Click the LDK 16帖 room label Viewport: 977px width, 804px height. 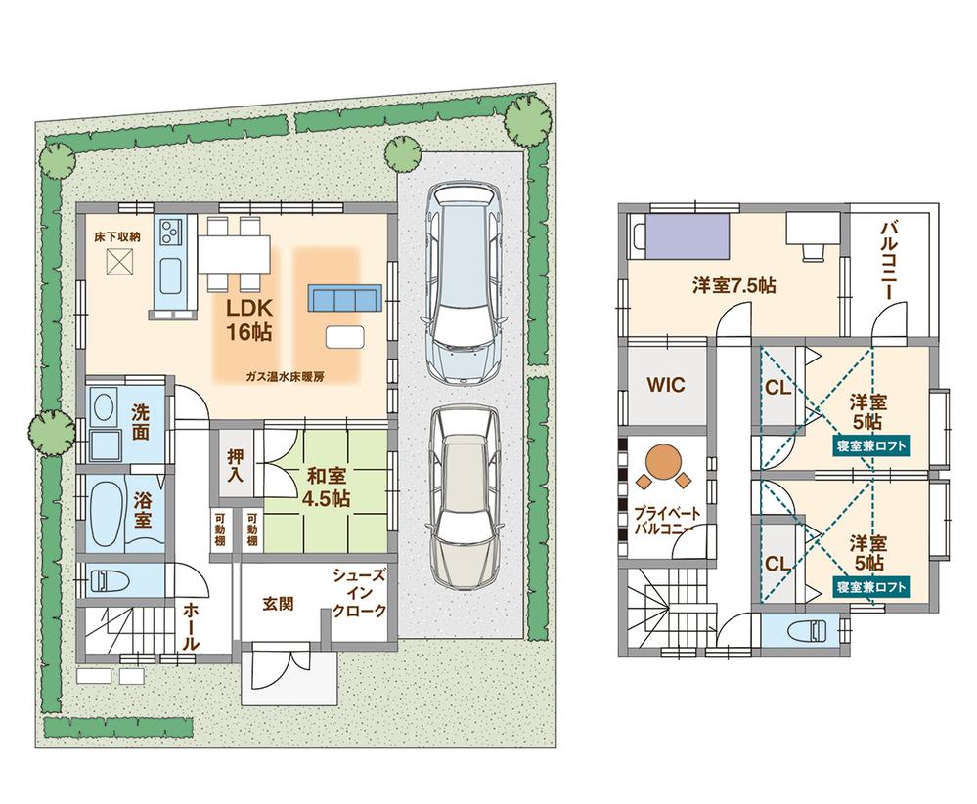(248, 318)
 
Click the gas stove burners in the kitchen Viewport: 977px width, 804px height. (171, 233)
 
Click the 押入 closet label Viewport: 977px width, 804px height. (236, 466)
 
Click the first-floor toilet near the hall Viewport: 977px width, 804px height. (105, 580)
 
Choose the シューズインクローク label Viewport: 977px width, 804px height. (361, 594)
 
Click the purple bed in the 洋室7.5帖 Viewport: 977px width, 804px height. (682, 236)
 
